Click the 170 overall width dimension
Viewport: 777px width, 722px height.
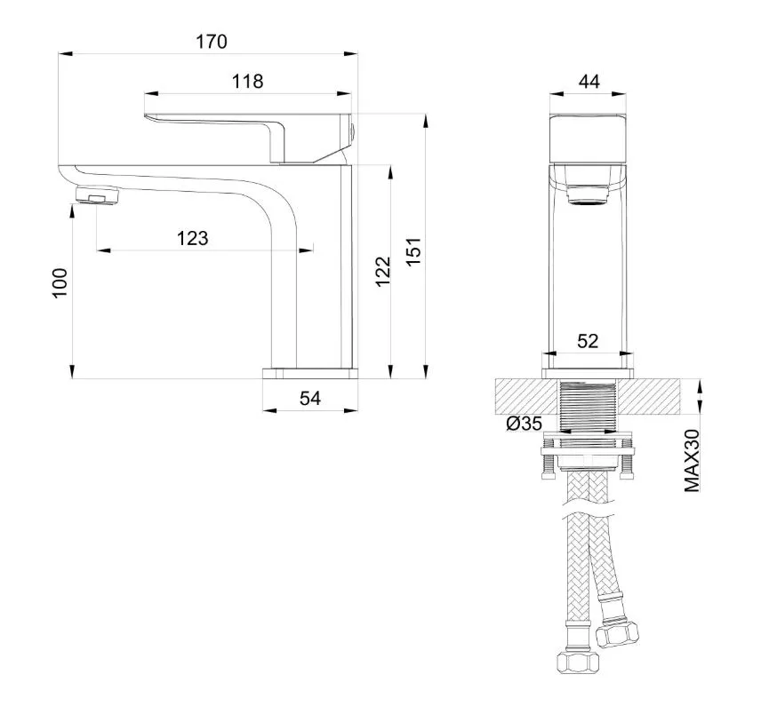tap(212, 42)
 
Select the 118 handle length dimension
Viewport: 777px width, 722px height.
tap(248, 82)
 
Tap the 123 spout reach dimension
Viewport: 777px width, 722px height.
tap(193, 239)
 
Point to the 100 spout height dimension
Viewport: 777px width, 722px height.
tap(60, 282)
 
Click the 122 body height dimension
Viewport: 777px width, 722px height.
tap(383, 271)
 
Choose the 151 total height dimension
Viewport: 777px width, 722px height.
tap(413, 251)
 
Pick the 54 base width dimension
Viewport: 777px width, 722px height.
tap(310, 398)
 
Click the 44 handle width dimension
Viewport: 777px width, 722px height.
tap(589, 81)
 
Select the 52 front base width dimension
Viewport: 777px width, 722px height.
tap(588, 341)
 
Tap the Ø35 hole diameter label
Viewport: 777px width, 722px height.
tap(525, 424)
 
